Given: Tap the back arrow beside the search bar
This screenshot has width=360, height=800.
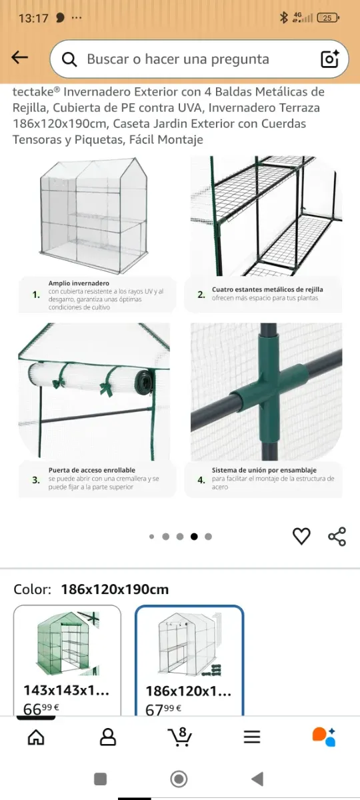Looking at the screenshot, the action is [x=19, y=57].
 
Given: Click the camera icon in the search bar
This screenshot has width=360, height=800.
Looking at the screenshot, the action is [x=329, y=59].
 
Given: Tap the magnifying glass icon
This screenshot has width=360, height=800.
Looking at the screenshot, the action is [x=69, y=59].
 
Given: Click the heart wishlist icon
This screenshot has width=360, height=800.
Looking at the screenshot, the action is [x=301, y=536].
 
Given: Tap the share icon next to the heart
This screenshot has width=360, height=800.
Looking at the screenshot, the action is [x=337, y=536].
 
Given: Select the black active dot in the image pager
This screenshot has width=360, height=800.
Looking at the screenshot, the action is [x=194, y=537].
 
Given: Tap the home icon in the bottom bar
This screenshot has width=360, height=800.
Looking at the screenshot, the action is [x=36, y=737].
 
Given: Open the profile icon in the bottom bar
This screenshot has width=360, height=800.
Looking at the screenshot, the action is [x=108, y=737].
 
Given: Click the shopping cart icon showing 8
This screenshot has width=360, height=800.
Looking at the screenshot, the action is [x=179, y=737].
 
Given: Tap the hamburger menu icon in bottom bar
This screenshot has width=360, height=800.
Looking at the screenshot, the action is [x=252, y=737].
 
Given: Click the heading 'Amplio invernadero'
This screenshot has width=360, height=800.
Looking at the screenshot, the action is [x=79, y=283].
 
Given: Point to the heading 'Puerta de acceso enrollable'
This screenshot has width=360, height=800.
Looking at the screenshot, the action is [x=92, y=470].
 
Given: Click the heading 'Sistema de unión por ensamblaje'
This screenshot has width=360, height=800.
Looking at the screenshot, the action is [x=264, y=470].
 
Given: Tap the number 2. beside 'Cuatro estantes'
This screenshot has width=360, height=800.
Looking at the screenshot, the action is [x=201, y=294].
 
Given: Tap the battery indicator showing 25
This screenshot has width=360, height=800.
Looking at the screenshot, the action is [x=328, y=17].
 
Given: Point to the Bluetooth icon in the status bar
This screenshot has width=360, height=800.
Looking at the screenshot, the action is [x=284, y=17].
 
